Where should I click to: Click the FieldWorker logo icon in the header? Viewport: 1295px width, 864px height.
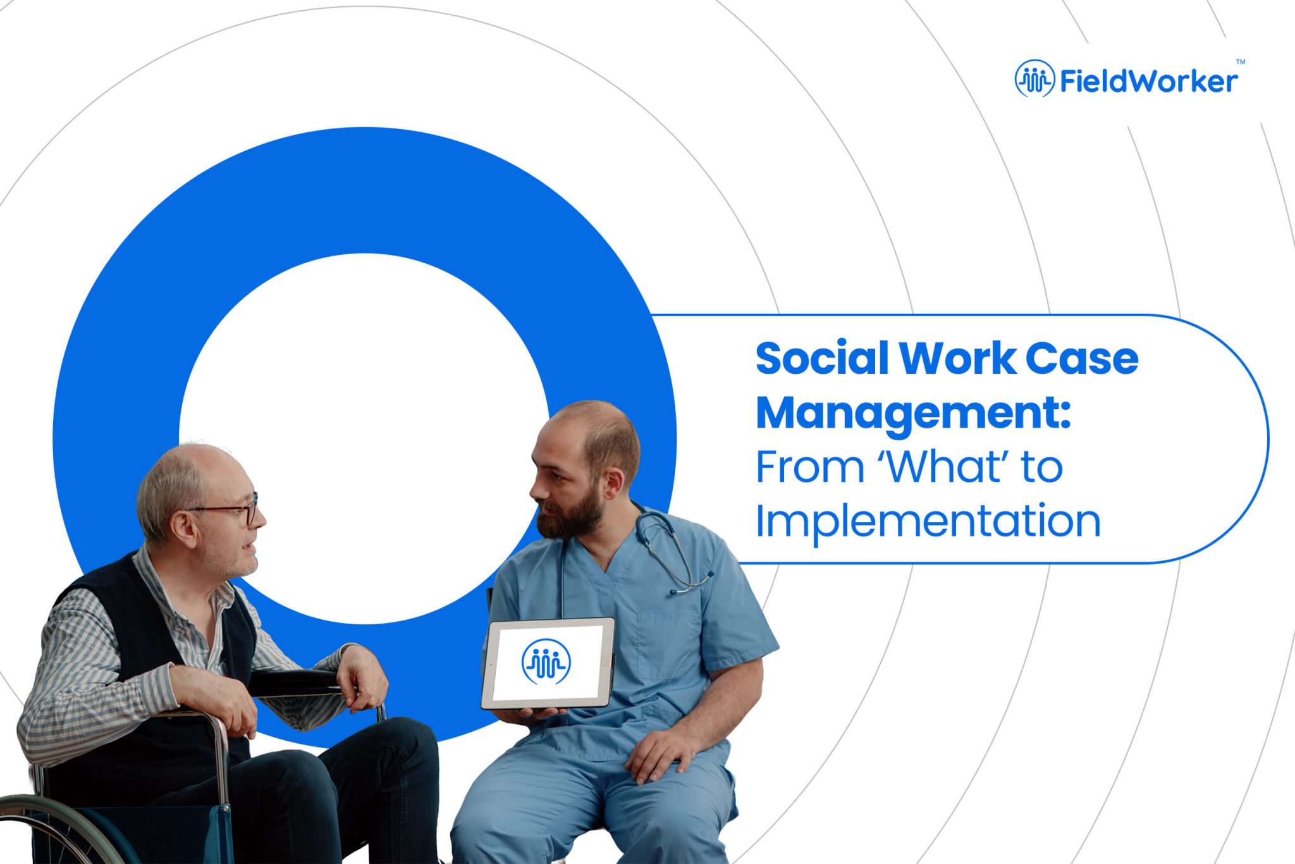(1034, 79)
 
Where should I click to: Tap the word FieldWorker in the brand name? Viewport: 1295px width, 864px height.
(1148, 81)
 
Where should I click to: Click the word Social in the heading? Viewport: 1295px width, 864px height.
(822, 359)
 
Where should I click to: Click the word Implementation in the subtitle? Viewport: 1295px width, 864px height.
(928, 522)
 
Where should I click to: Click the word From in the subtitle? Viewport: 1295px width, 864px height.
(809, 467)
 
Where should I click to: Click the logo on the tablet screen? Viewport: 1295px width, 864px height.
(546, 662)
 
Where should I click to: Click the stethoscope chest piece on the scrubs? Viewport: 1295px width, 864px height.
(678, 591)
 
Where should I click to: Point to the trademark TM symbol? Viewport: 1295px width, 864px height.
(1240, 62)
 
